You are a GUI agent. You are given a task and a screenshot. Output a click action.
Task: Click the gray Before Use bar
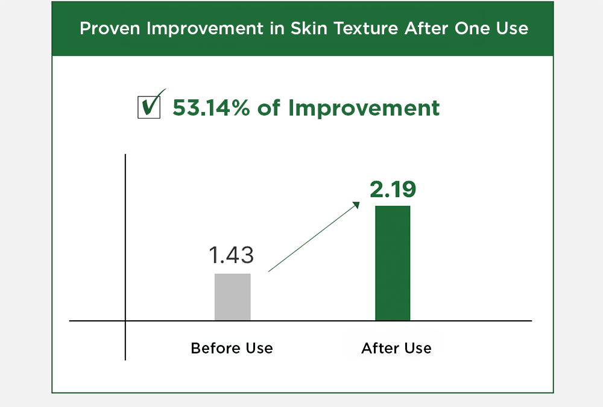point(233,297)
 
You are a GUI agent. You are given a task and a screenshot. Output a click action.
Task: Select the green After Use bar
point(393,263)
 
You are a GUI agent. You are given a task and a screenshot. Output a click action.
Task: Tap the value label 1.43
point(232,255)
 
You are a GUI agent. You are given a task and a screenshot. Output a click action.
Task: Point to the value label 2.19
point(393,189)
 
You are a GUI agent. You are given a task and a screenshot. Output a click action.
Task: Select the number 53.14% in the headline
point(211,108)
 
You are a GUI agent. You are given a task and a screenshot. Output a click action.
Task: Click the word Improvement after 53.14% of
point(364,108)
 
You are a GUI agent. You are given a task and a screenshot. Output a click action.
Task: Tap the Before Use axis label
point(232,348)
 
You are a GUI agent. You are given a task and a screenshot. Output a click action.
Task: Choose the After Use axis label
point(397,348)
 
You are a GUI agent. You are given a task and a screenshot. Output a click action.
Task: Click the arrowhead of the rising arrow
point(356,205)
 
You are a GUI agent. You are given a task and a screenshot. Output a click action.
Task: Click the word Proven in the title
point(110,29)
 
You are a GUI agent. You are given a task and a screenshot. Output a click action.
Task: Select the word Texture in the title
point(366,29)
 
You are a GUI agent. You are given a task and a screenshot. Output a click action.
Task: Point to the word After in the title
point(426,29)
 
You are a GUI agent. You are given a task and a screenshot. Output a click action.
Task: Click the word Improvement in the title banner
point(205,29)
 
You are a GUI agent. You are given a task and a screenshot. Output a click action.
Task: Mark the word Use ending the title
point(512,29)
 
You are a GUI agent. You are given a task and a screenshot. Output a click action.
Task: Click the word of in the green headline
point(269,108)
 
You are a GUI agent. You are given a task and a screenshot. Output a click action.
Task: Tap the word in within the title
point(277,29)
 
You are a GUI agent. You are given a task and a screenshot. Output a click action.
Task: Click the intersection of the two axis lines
point(125,320)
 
